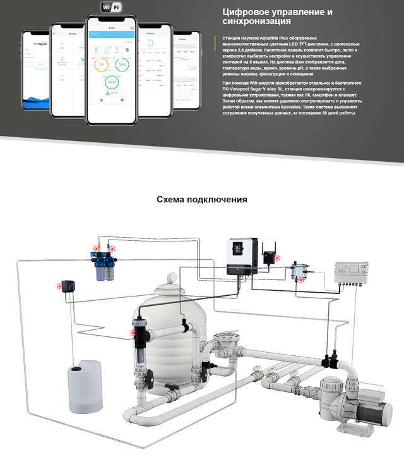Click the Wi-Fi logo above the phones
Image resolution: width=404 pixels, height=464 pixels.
click(111, 8)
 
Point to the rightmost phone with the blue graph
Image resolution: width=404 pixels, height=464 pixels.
click(187, 70)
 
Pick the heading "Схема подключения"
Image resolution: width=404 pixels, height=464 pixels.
click(201, 200)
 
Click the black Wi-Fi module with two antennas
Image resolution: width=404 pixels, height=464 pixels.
click(271, 255)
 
